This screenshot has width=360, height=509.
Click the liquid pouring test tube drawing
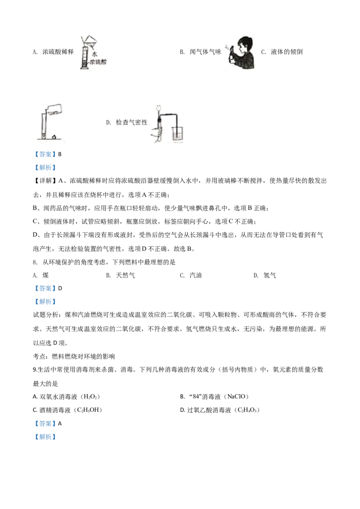(x=51, y=122)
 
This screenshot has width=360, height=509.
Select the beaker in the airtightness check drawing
(x=177, y=134)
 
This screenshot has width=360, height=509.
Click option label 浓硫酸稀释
(x=58, y=52)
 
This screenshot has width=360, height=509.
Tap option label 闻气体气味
(x=205, y=52)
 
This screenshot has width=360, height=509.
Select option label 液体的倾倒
(x=287, y=52)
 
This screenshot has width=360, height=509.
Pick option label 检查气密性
(x=131, y=122)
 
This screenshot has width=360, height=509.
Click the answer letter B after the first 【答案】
(x=59, y=154)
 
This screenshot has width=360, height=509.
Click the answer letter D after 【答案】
(x=60, y=288)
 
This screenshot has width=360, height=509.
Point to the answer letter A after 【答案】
(x=60, y=424)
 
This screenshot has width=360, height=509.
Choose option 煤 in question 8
(x=45, y=275)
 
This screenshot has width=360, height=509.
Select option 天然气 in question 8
(x=126, y=275)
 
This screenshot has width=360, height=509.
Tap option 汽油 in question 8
(x=196, y=275)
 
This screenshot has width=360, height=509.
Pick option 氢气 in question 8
(x=270, y=275)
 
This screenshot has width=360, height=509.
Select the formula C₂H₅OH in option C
(x=88, y=410)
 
